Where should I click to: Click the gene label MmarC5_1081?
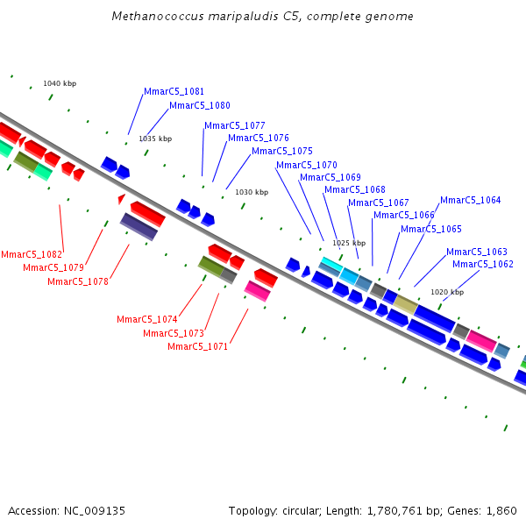point(174,91)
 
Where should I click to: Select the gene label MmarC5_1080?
point(200,105)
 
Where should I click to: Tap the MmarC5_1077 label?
point(234,125)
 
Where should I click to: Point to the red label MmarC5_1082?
point(32,254)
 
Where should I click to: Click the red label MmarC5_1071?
point(197,346)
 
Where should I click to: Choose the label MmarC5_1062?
point(483,264)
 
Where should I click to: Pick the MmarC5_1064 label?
point(470,200)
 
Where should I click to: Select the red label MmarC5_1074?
point(147,319)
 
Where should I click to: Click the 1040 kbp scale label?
point(60,83)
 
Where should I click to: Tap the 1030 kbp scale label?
point(252,192)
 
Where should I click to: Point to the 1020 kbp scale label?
point(447,292)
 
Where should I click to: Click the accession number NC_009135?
point(95,511)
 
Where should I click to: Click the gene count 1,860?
point(501,511)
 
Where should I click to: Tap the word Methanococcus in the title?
point(158,16)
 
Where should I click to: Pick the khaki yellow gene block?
point(406,304)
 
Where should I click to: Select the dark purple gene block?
point(139,226)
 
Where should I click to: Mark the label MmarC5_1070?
point(307,165)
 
